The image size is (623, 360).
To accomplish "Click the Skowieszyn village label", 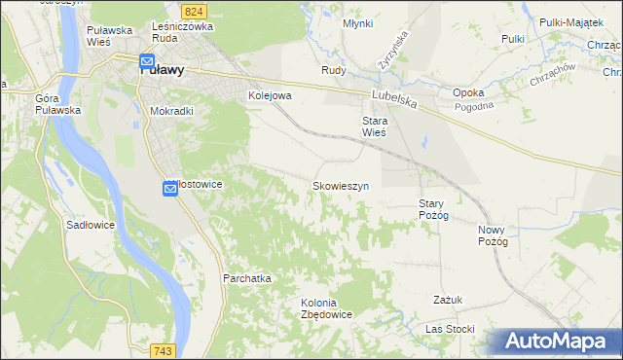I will (340, 185).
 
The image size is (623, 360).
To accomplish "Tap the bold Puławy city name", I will (169, 70).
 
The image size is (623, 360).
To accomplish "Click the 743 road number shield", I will (163, 350).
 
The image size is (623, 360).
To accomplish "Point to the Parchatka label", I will (246, 278).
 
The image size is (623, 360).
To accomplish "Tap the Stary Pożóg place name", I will (433, 209).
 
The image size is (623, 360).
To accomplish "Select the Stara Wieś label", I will (368, 126).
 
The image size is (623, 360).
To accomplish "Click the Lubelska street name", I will (394, 97).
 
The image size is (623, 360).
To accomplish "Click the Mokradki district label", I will (171, 111).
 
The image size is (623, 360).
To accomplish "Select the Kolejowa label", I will (271, 96).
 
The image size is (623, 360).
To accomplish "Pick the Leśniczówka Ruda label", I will (182, 33).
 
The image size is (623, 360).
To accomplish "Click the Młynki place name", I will (358, 22).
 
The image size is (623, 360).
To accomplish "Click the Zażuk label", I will (449, 300).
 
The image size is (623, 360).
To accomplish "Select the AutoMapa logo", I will (555, 341).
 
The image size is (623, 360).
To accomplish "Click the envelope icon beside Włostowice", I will (168, 189).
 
